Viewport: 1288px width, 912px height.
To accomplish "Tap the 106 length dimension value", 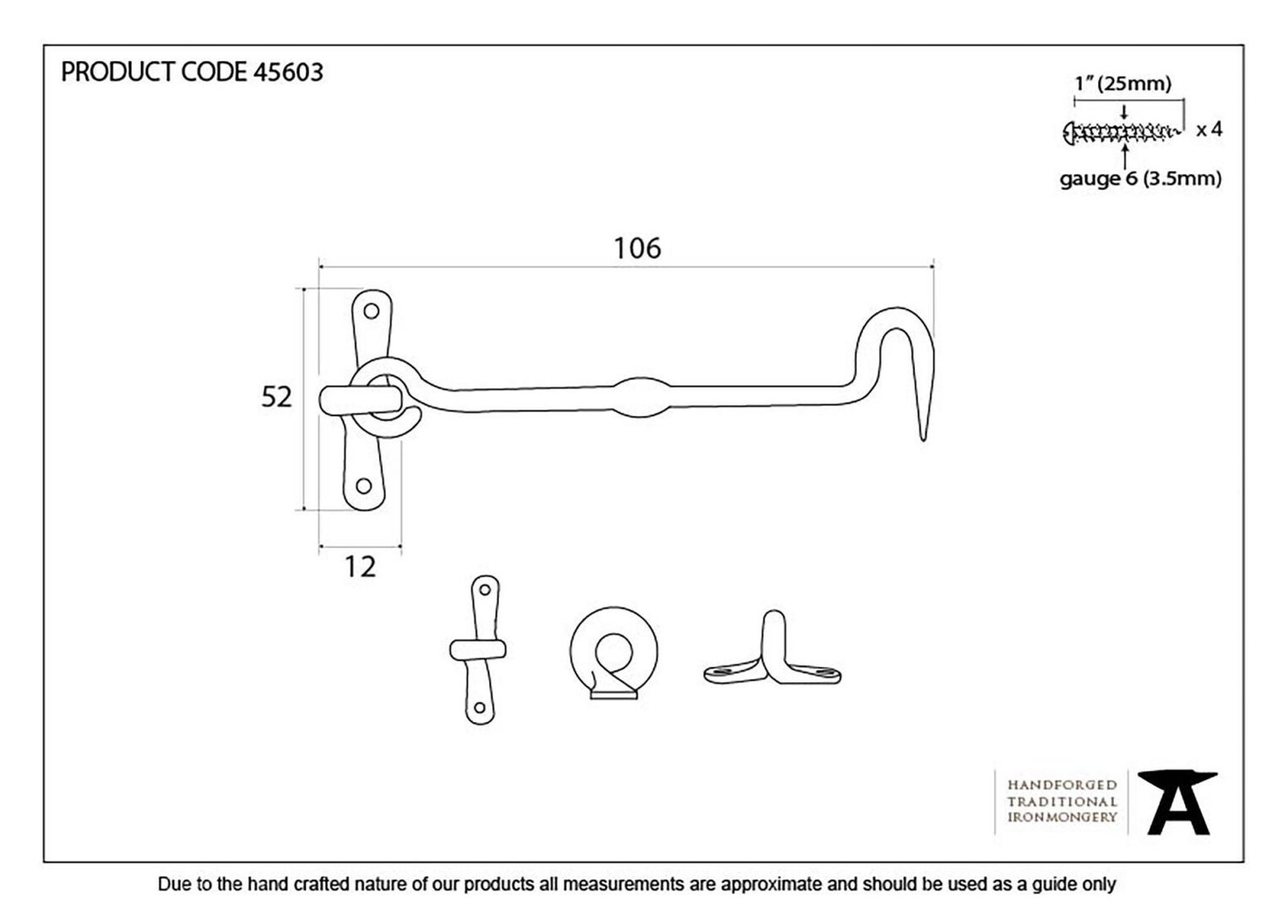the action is click(637, 248).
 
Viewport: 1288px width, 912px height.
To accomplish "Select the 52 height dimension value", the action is click(276, 397).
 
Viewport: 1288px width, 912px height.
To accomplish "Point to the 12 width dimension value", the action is click(360, 567).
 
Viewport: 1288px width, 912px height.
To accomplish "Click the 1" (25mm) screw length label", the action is click(1123, 84).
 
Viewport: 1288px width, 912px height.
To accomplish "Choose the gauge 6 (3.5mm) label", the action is click(1141, 179).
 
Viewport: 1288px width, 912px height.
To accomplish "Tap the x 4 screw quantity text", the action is click(1209, 130).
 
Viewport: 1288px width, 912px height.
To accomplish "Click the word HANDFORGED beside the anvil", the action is click(1062, 785).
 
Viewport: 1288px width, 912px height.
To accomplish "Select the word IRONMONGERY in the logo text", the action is click(1062, 817).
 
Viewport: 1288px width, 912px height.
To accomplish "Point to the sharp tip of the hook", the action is click(923, 440).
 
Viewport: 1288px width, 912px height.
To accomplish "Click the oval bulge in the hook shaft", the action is click(641, 398).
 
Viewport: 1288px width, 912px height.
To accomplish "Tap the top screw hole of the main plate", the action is click(372, 312).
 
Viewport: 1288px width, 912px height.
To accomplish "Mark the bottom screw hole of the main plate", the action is click(363, 486).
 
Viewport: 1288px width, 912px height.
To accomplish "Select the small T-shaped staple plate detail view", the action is click(478, 650).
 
